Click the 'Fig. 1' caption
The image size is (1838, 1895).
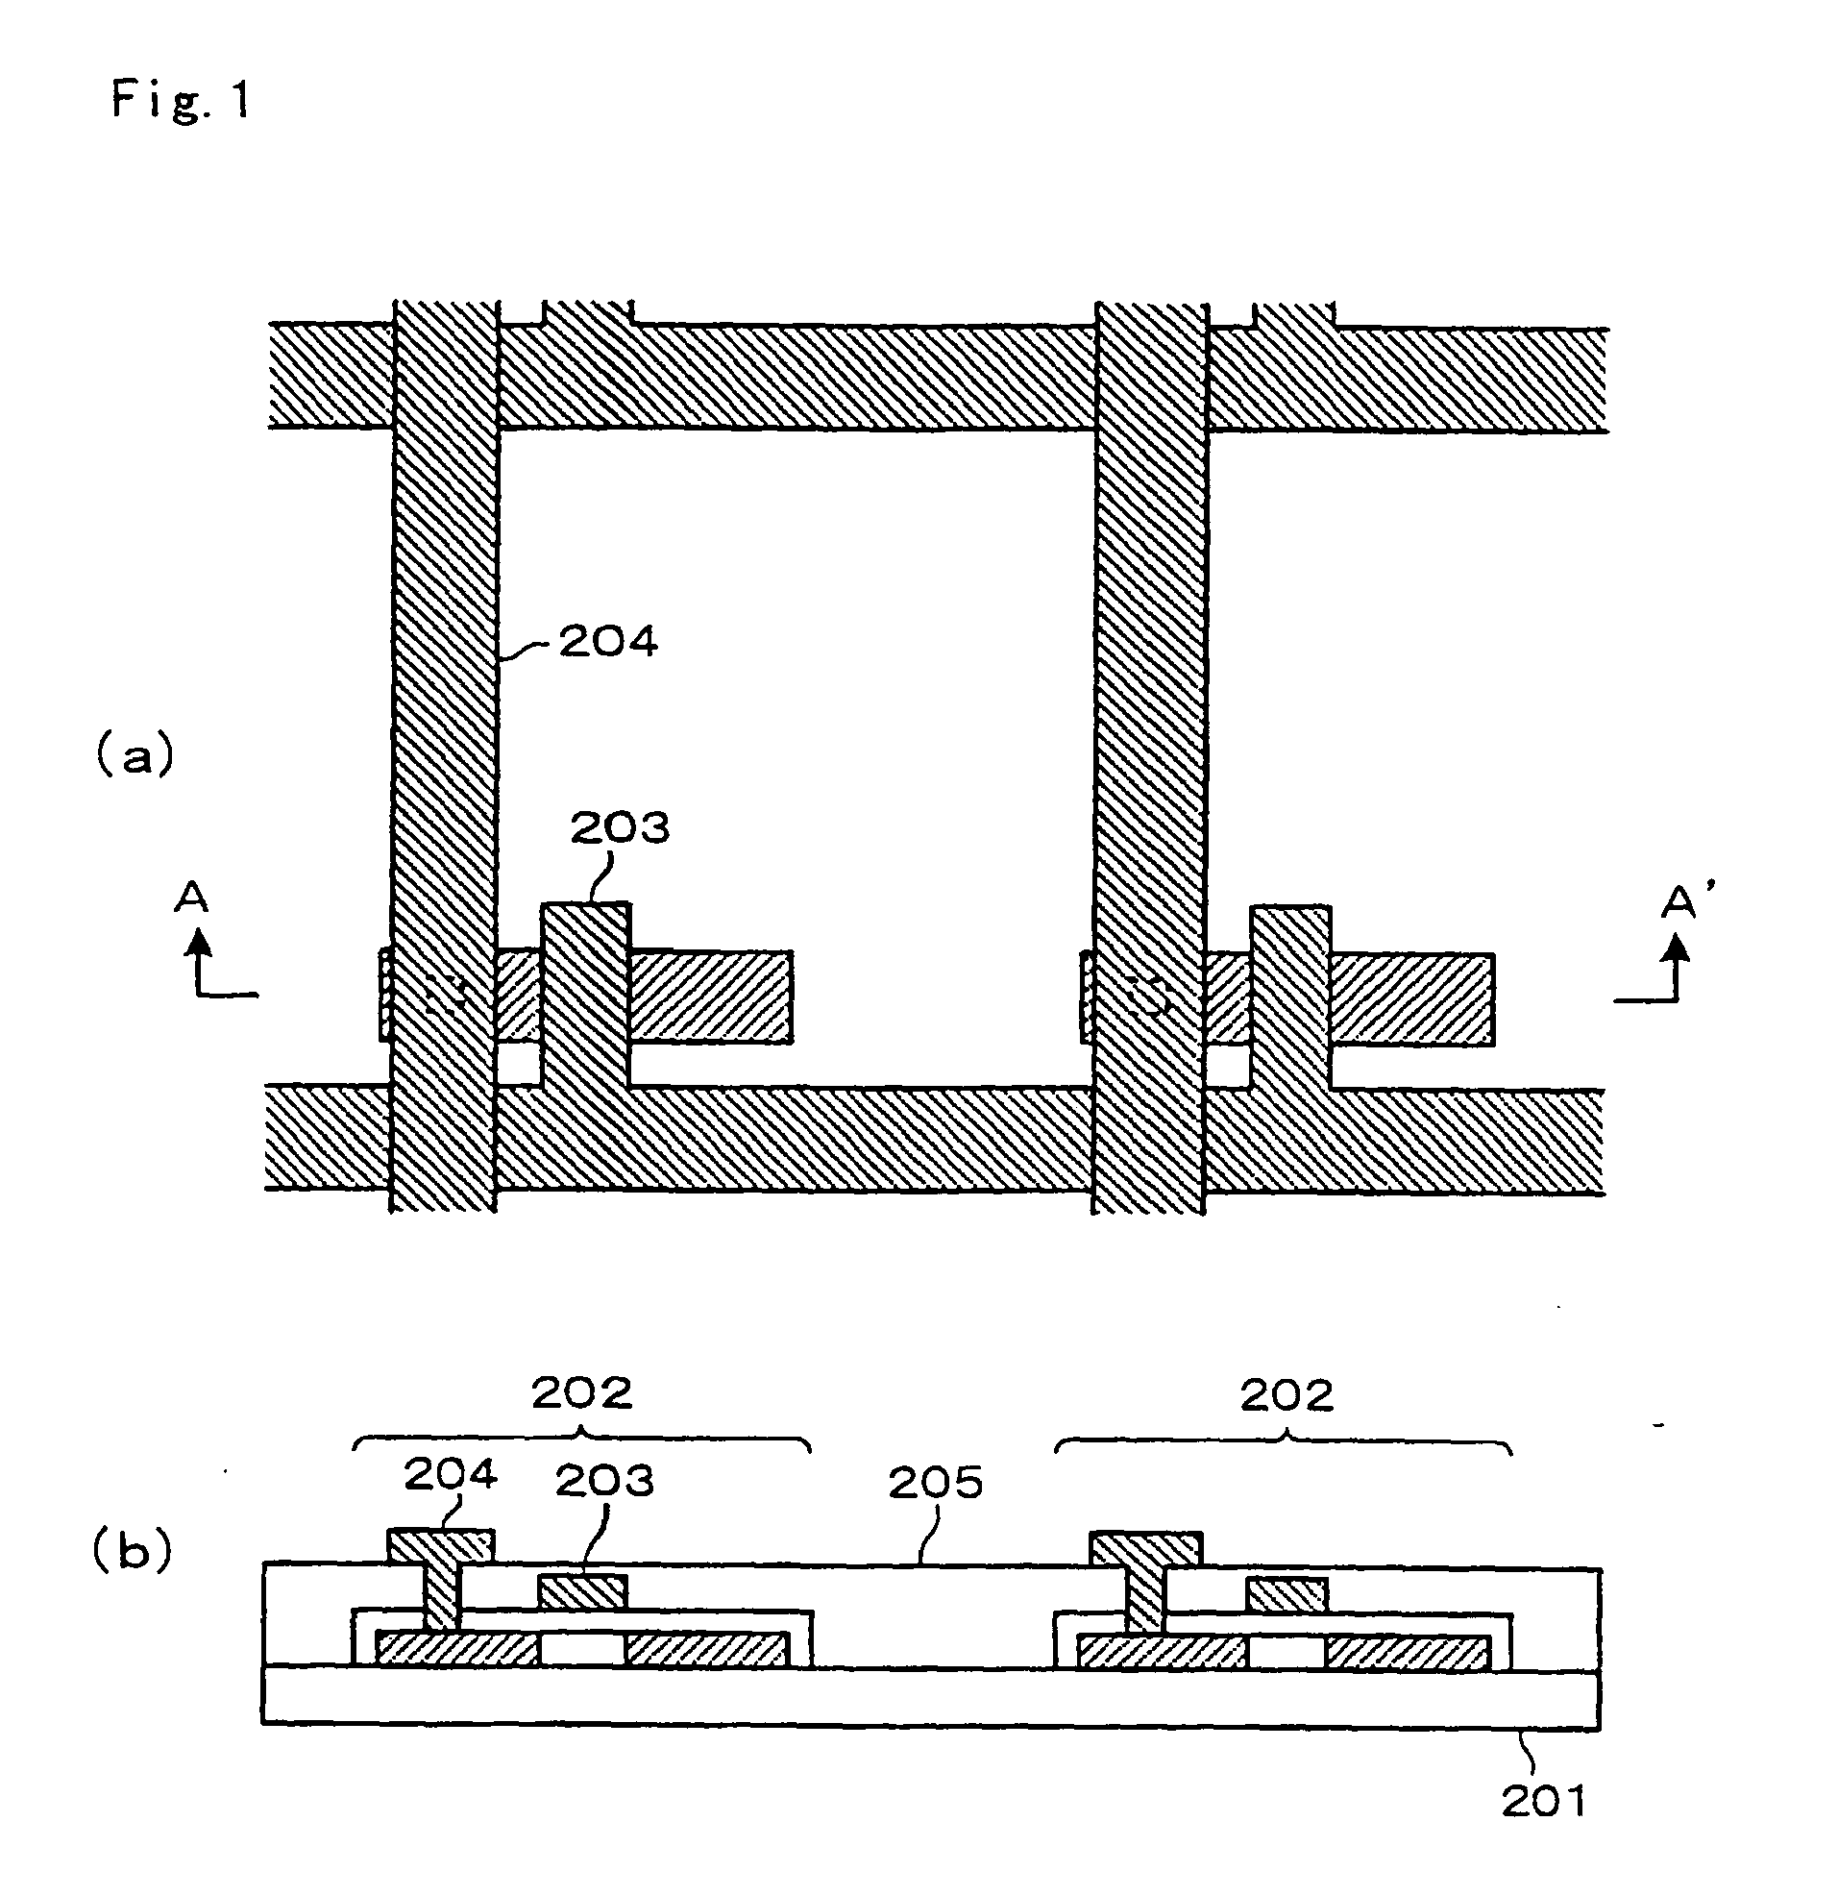coord(181,100)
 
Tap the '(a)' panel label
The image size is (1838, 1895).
coord(135,755)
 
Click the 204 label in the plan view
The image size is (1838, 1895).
coord(608,642)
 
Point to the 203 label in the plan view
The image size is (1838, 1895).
coord(620,827)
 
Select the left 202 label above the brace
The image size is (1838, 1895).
coord(582,1392)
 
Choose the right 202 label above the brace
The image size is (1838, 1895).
coord(1287,1395)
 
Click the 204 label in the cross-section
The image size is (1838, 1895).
coord(451,1474)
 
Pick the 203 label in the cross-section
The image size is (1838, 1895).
coord(604,1480)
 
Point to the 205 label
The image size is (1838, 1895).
coord(935,1482)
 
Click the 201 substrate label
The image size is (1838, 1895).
coord(1544,1800)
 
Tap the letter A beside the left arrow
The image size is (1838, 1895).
coord(191,898)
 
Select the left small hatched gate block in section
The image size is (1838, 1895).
coord(583,1591)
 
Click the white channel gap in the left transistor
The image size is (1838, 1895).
coord(582,1648)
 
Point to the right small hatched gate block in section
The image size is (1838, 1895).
coord(1287,1594)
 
